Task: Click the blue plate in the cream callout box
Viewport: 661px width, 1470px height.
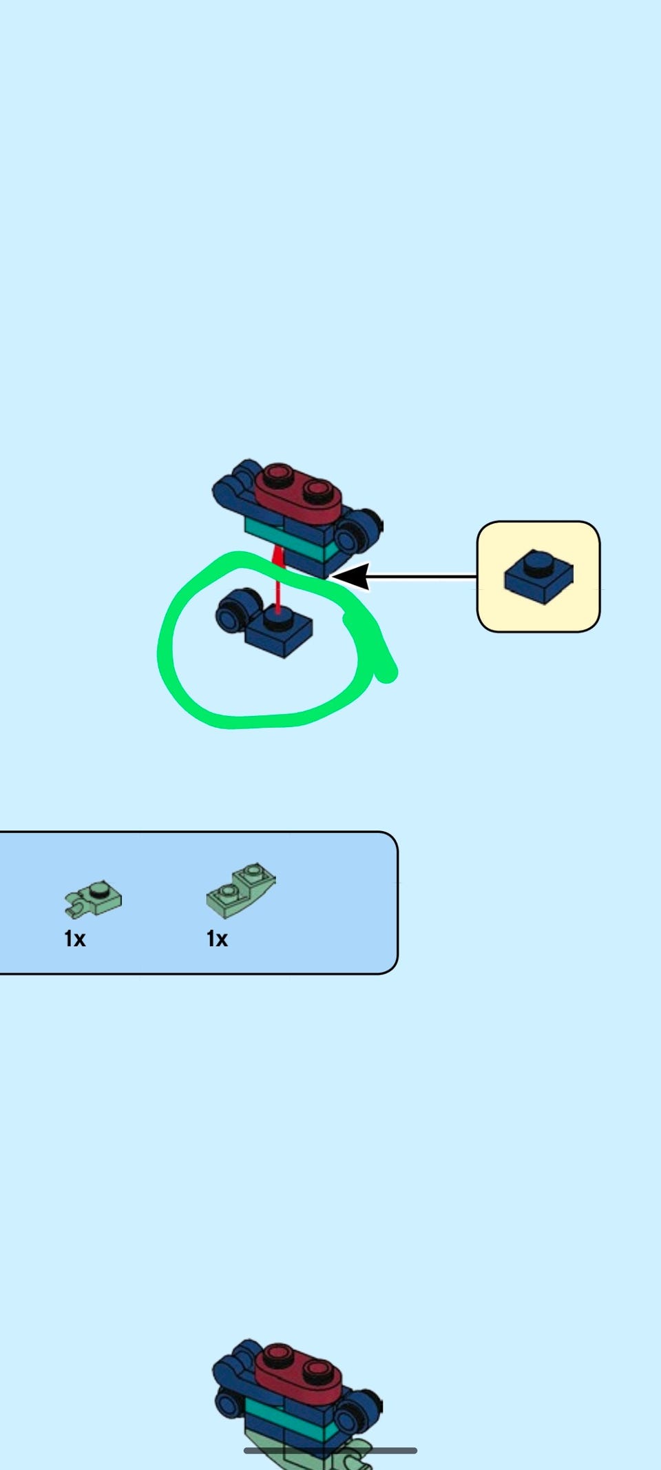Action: (538, 578)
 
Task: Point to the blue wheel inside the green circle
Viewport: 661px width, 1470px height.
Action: (233, 611)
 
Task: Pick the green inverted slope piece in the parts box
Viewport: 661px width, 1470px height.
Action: (240, 890)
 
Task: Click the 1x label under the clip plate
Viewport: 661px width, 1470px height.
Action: (74, 939)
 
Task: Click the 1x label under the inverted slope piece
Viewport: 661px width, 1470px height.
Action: (217, 939)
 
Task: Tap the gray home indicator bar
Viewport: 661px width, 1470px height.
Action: (330, 1451)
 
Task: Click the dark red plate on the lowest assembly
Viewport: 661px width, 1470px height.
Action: (297, 1371)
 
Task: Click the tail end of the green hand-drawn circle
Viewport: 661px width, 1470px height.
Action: (388, 674)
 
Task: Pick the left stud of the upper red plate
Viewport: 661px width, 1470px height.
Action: (278, 473)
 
